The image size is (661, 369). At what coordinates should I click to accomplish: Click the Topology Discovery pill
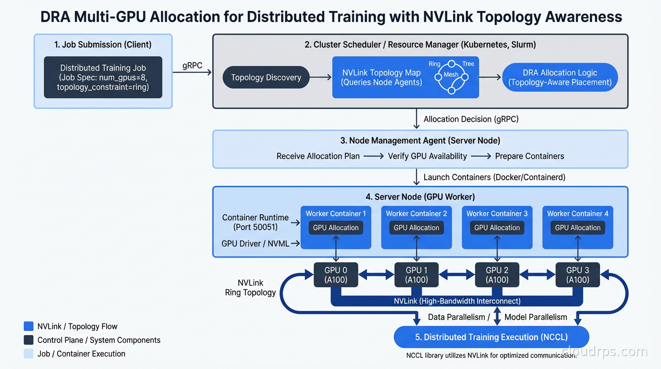(266, 77)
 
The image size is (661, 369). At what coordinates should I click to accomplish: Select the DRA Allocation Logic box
(560, 77)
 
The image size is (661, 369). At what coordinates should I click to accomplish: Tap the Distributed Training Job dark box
(103, 77)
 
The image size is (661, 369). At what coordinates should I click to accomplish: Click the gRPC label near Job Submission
(192, 66)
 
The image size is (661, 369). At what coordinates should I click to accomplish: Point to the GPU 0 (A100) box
(336, 275)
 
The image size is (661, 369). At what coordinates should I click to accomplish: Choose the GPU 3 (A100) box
(577, 275)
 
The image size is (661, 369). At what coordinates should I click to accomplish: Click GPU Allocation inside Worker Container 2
(416, 228)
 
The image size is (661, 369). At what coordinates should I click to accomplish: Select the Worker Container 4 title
(577, 213)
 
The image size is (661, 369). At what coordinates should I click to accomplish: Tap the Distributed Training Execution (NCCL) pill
(491, 337)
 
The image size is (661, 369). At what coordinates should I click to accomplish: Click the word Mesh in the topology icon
(451, 74)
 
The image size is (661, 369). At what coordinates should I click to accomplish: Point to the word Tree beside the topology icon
(468, 64)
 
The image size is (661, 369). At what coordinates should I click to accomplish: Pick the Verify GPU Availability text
(427, 156)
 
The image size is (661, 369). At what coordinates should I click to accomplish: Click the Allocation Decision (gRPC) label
(471, 119)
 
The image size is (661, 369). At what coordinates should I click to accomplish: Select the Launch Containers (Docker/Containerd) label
(494, 177)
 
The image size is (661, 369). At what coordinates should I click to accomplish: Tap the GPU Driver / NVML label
(255, 244)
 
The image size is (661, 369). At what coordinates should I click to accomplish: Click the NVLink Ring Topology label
(250, 288)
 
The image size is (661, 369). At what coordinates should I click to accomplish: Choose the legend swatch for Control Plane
(28, 340)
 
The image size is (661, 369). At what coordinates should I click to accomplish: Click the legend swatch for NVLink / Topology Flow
(28, 327)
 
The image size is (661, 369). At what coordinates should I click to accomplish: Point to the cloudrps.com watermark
(604, 352)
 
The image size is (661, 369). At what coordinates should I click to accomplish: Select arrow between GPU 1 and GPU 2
(457, 275)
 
